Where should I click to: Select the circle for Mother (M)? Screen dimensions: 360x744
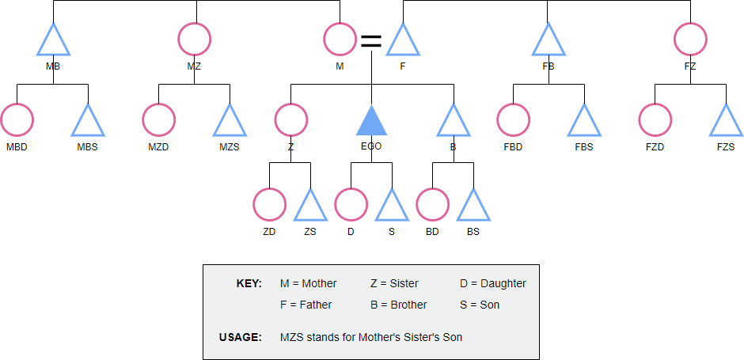[x=340, y=39]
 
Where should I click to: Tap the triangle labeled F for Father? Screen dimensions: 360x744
[x=403, y=41]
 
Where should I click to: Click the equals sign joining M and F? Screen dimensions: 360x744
[x=371, y=41]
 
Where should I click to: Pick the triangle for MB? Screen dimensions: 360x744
[x=54, y=41]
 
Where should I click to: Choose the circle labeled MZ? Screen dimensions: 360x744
[x=195, y=39]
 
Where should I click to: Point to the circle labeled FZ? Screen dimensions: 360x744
[x=690, y=39]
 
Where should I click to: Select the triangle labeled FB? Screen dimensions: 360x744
[x=548, y=41]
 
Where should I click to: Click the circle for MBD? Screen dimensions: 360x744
[x=17, y=121]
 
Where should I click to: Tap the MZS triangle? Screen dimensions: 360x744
[x=230, y=122]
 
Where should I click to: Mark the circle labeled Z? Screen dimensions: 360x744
[x=290, y=121]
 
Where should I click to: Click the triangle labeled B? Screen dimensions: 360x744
[x=454, y=122]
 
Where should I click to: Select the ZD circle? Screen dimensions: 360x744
[x=269, y=204]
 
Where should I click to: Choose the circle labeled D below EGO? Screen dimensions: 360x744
[x=351, y=204]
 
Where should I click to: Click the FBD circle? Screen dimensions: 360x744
[x=513, y=121]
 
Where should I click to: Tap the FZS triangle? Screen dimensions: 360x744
[x=726, y=122]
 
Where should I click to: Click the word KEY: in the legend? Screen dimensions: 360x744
[x=249, y=283]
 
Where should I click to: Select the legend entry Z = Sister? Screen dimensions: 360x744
[x=394, y=283]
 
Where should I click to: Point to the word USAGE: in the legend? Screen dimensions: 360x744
[x=240, y=337]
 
